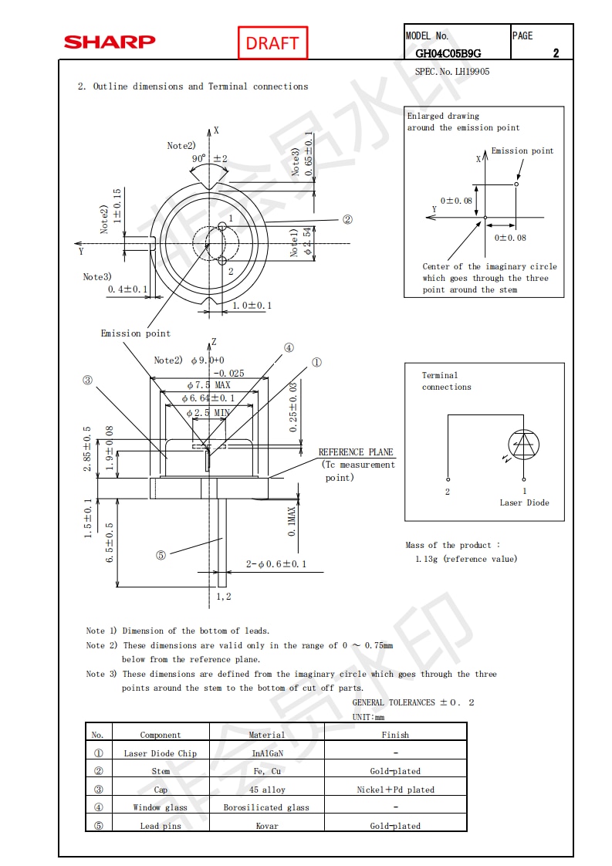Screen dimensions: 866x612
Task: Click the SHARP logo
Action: pos(110,42)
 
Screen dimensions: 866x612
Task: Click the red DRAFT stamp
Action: pos(272,43)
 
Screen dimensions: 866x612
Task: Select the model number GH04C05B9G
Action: pos(448,53)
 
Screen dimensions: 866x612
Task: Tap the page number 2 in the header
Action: pos(556,53)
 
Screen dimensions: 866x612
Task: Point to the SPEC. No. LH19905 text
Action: pos(452,72)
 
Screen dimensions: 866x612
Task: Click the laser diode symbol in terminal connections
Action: pos(524,444)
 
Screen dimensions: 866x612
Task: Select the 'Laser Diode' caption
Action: pos(524,502)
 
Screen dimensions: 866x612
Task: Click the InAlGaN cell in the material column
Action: pos(267,753)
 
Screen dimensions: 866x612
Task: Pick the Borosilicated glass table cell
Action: pos(267,807)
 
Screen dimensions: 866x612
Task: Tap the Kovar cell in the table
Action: pos(267,826)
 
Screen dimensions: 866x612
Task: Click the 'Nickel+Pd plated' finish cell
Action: pos(395,790)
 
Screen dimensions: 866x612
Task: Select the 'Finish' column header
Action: pos(395,735)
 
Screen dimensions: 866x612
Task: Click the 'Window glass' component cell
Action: pos(161,807)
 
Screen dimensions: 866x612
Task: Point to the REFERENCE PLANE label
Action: pos(356,452)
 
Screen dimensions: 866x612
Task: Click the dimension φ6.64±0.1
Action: pos(208,398)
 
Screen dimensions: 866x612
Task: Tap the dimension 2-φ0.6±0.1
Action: pos(276,564)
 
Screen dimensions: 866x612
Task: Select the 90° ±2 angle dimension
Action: pos(209,159)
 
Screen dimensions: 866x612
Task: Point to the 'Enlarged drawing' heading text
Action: pos(443,117)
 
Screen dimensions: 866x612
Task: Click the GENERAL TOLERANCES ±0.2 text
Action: pos(414,702)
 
